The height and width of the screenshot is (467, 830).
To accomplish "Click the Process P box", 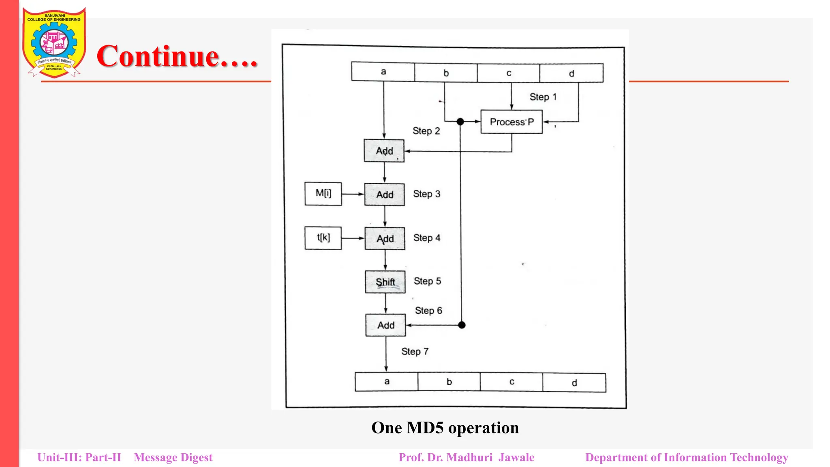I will click(x=511, y=122).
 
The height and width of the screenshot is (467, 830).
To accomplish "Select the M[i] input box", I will click(x=323, y=194).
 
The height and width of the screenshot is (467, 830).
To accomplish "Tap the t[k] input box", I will click(x=323, y=238).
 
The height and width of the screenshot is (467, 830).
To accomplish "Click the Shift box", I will click(x=385, y=282).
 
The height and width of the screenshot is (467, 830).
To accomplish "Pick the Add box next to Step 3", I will click(x=385, y=195).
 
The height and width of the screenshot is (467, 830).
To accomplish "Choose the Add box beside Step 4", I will click(x=385, y=238).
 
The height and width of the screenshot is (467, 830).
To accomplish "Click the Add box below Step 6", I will click(x=385, y=325).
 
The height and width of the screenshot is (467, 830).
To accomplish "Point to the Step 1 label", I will click(x=543, y=97).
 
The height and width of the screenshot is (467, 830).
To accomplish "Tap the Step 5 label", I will click(x=427, y=281).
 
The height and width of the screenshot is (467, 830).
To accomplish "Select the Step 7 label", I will click(x=415, y=351).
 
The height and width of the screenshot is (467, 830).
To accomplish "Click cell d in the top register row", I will click(x=571, y=73).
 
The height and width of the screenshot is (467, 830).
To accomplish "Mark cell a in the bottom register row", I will click(x=387, y=381).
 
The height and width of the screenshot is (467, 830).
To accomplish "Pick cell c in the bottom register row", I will click(x=511, y=382).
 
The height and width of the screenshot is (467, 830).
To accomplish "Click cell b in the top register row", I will click(x=446, y=73).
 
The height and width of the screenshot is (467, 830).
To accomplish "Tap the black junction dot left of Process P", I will click(x=460, y=122).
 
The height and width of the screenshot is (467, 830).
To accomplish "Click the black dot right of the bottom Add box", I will click(x=462, y=325).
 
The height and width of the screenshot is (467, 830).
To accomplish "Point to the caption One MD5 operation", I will click(x=445, y=428).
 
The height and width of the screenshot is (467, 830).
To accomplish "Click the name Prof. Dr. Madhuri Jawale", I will click(x=466, y=457).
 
